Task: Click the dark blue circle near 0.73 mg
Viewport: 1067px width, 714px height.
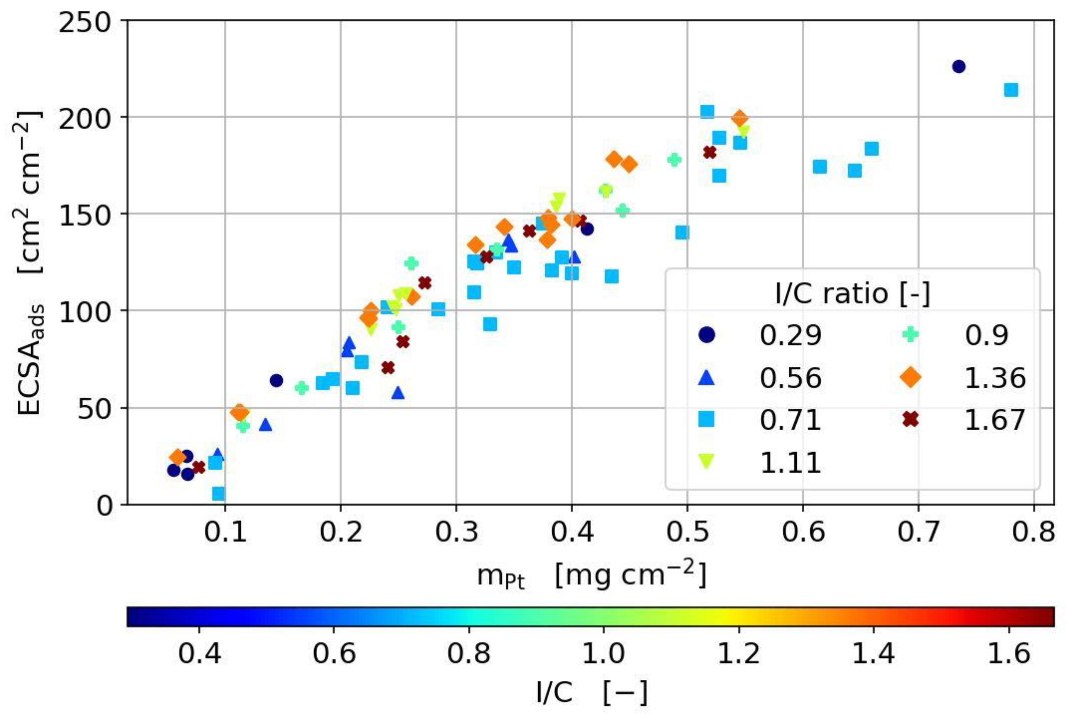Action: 959,67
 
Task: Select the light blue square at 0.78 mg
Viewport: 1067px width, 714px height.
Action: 1010,90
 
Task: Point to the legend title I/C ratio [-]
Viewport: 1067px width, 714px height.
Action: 852,294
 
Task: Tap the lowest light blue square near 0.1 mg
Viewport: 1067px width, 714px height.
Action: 219,494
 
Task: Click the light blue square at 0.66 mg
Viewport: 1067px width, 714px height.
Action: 871,148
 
